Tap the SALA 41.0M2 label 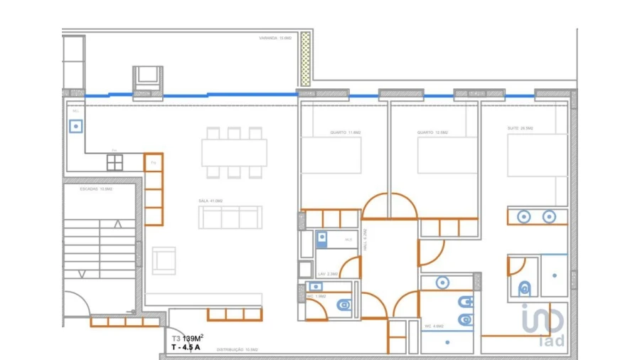(x=210, y=201)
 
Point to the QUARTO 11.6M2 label (x=346, y=132)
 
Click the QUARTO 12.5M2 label (x=433, y=132)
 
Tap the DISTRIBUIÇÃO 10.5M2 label (x=236, y=350)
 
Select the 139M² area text (x=193, y=339)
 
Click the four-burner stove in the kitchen (x=114, y=163)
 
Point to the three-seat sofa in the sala (x=230, y=217)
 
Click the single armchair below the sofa (x=164, y=260)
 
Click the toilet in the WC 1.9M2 (x=343, y=305)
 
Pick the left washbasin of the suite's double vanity (x=524, y=217)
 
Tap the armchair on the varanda (x=148, y=76)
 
